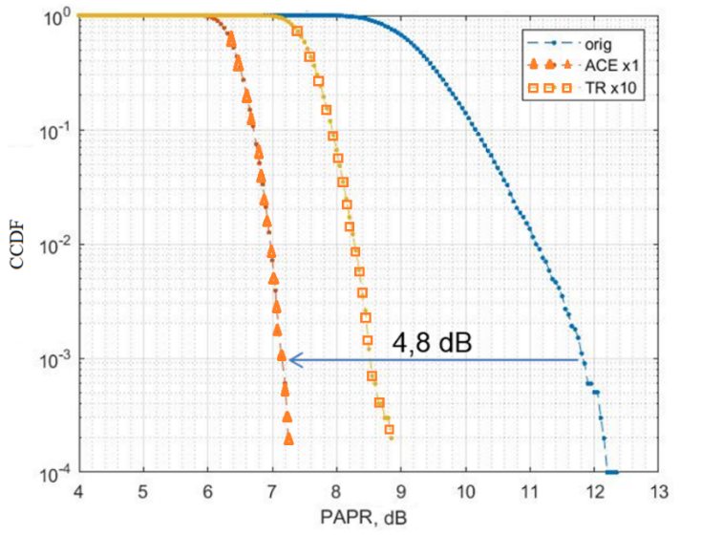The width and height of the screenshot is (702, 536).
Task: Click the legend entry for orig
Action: coord(586,43)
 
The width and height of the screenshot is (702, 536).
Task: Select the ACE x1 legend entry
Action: coord(597,65)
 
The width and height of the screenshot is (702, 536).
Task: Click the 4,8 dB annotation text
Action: coord(432,340)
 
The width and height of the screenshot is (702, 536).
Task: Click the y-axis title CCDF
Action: coord(19,245)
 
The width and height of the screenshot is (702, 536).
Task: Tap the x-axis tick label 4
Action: coord(78,493)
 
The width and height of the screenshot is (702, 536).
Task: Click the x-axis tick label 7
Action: coord(272,493)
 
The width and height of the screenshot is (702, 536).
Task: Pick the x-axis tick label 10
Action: coord(465,493)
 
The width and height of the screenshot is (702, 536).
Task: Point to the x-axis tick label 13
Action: coord(658,493)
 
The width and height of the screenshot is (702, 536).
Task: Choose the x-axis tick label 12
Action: coord(593,493)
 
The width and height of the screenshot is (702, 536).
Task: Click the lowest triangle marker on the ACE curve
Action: coord(288,438)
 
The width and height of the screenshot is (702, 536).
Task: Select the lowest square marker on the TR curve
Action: coord(390,430)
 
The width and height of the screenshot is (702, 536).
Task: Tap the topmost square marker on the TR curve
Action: coord(297,32)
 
